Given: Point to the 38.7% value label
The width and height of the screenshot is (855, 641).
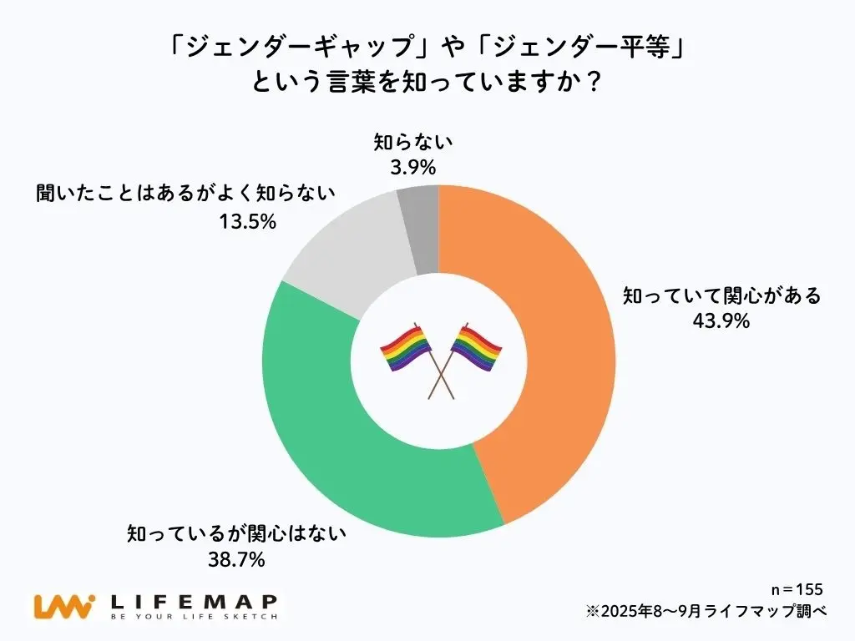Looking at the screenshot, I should [236, 560].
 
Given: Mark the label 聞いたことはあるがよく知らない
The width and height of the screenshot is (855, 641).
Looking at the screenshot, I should [185, 195].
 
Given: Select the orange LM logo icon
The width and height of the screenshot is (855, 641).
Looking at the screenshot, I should [62, 607].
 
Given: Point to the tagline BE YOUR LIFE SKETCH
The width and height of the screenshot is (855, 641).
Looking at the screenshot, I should [193, 618].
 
